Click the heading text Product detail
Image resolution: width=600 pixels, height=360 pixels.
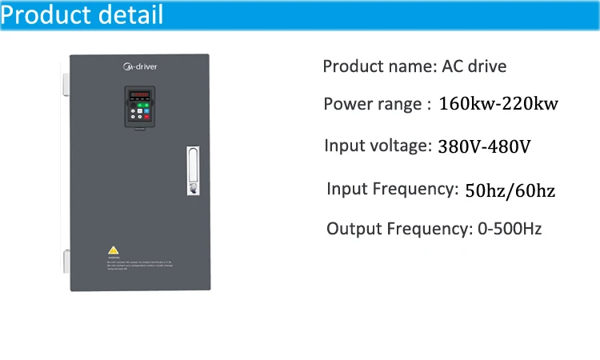[x=82, y=15]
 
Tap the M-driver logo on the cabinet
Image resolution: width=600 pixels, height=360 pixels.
[x=141, y=67]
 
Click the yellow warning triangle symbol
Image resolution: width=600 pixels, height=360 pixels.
[x=114, y=250]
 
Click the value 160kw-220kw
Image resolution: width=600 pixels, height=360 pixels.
[x=498, y=104]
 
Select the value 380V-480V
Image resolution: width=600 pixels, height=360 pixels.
[x=484, y=147]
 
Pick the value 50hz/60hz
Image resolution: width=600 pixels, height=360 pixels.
[x=510, y=190]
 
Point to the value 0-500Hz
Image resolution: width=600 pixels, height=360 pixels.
[x=509, y=229]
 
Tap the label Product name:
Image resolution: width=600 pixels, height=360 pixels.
[x=379, y=66]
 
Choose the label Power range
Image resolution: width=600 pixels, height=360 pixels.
[x=372, y=104]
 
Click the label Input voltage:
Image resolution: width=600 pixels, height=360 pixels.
[x=378, y=146]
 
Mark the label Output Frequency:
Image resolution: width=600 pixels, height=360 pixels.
[x=397, y=229]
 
